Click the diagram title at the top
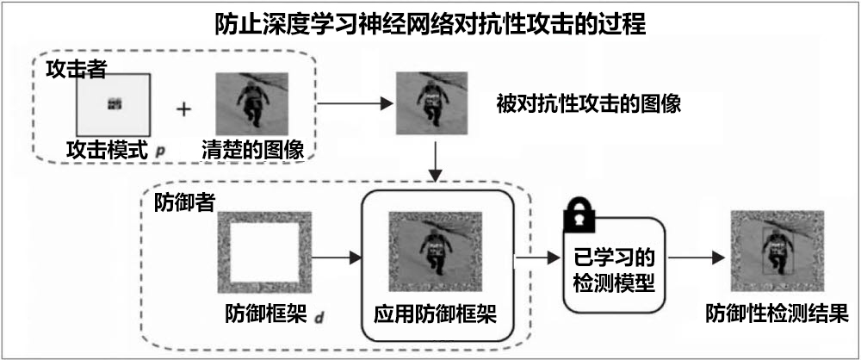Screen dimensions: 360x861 [430, 22]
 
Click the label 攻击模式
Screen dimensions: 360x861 [108, 151]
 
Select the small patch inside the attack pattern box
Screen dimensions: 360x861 [115, 104]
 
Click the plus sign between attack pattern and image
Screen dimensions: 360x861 [183, 109]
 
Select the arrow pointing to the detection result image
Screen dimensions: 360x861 [694, 257]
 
